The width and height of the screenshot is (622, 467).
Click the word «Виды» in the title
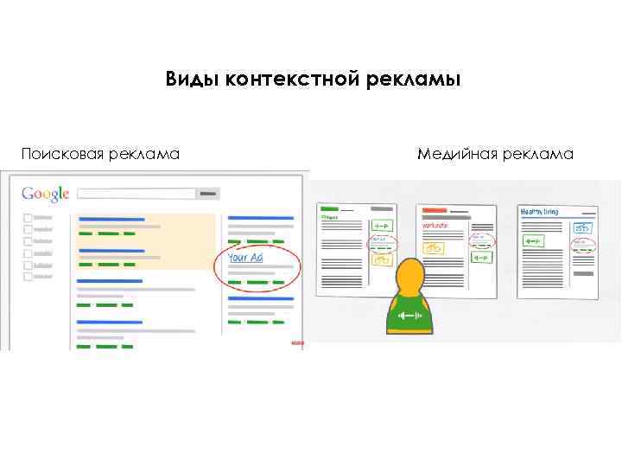(192, 80)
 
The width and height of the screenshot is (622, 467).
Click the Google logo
(45, 195)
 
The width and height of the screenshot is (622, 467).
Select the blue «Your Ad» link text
(244, 258)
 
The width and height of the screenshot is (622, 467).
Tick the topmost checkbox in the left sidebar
(28, 217)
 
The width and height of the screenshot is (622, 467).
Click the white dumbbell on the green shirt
(408, 315)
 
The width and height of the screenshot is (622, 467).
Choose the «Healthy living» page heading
(539, 210)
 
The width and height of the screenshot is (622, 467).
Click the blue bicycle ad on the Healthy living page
(581, 228)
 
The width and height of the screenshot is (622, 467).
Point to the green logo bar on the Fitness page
(328, 208)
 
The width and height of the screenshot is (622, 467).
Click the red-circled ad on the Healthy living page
(581, 244)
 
